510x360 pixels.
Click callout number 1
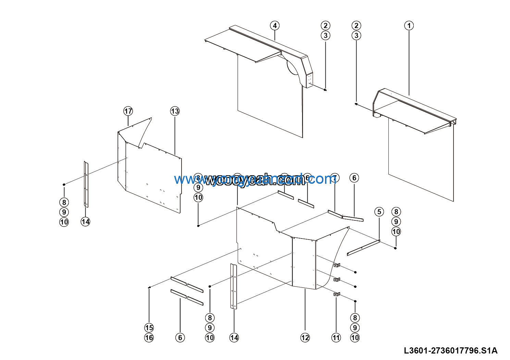point(409,26)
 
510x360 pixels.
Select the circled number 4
point(274,26)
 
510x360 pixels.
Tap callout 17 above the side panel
point(128,111)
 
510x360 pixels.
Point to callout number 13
point(175,111)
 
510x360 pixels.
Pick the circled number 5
point(379,212)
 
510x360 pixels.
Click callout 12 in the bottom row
point(305,338)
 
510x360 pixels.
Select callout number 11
point(336,338)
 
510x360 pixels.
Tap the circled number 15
point(149,328)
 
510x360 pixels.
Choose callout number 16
point(149,338)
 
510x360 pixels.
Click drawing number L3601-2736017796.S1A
point(450,350)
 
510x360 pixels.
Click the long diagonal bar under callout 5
point(363,247)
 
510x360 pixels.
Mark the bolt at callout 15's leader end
point(149,287)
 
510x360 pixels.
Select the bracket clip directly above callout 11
point(337,294)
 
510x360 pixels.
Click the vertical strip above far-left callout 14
point(86,184)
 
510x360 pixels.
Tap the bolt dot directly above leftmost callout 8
point(64,184)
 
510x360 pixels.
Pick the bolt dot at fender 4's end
point(325,90)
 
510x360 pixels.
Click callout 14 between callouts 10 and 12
point(234,338)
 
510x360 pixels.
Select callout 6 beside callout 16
point(180,338)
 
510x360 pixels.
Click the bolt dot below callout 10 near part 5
point(396,248)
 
